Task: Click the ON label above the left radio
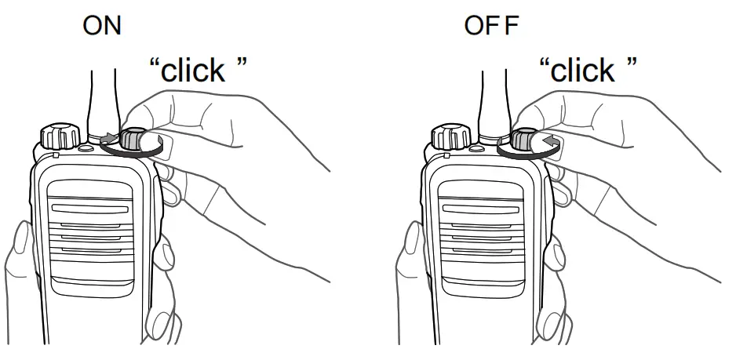pos(103,26)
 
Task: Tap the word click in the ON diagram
pos(192,71)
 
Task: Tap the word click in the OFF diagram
pos(581,71)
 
